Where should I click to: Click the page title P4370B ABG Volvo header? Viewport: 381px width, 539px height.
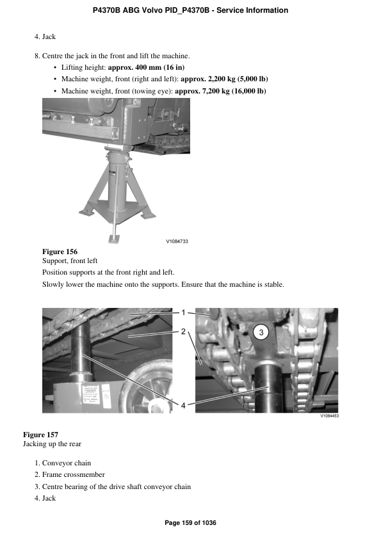(190, 10)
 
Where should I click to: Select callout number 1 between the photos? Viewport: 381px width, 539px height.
(183, 313)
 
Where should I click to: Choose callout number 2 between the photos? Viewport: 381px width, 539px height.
(183, 332)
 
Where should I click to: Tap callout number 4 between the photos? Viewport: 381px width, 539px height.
(183, 405)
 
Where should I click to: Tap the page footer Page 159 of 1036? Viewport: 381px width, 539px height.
(190, 523)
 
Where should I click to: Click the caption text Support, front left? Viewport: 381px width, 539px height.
(70, 262)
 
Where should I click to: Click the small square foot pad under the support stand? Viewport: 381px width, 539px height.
(114, 238)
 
